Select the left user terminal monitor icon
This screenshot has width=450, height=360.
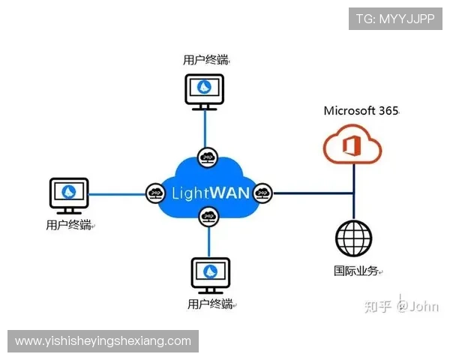click(x=68, y=194)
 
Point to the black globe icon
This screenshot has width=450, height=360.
click(x=354, y=241)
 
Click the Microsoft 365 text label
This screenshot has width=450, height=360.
click(x=361, y=111)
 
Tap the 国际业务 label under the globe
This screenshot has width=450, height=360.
click(x=355, y=271)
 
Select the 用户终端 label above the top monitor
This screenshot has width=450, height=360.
click(x=205, y=59)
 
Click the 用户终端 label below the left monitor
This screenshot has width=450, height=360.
click(x=69, y=224)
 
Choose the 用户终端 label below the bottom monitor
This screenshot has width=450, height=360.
click(x=210, y=304)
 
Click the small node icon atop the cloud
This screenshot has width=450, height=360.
click(x=208, y=157)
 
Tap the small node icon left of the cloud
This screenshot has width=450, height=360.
click(x=156, y=193)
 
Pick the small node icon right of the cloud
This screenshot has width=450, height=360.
click(x=263, y=193)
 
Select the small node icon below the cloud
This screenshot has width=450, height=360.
click(x=208, y=217)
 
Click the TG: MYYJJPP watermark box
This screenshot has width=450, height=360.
click(x=395, y=19)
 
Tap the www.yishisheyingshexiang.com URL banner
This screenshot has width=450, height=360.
click(x=103, y=341)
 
